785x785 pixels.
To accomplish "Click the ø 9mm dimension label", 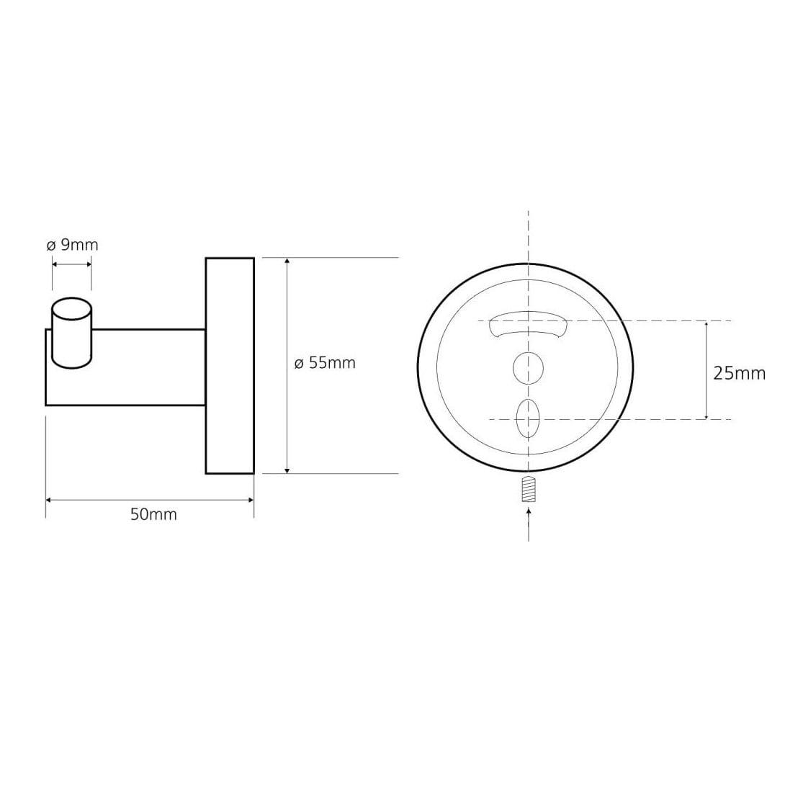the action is click(72, 246).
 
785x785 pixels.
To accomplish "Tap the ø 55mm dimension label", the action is click(325, 363).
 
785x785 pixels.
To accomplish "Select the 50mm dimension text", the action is click(153, 514).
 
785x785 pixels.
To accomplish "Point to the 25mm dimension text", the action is click(740, 374).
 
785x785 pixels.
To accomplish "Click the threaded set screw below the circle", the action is click(529, 490).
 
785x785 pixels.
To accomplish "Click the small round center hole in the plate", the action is click(528, 368).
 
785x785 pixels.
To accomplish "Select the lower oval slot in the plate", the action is click(528, 418).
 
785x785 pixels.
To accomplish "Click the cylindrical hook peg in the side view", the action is click(71, 333).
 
